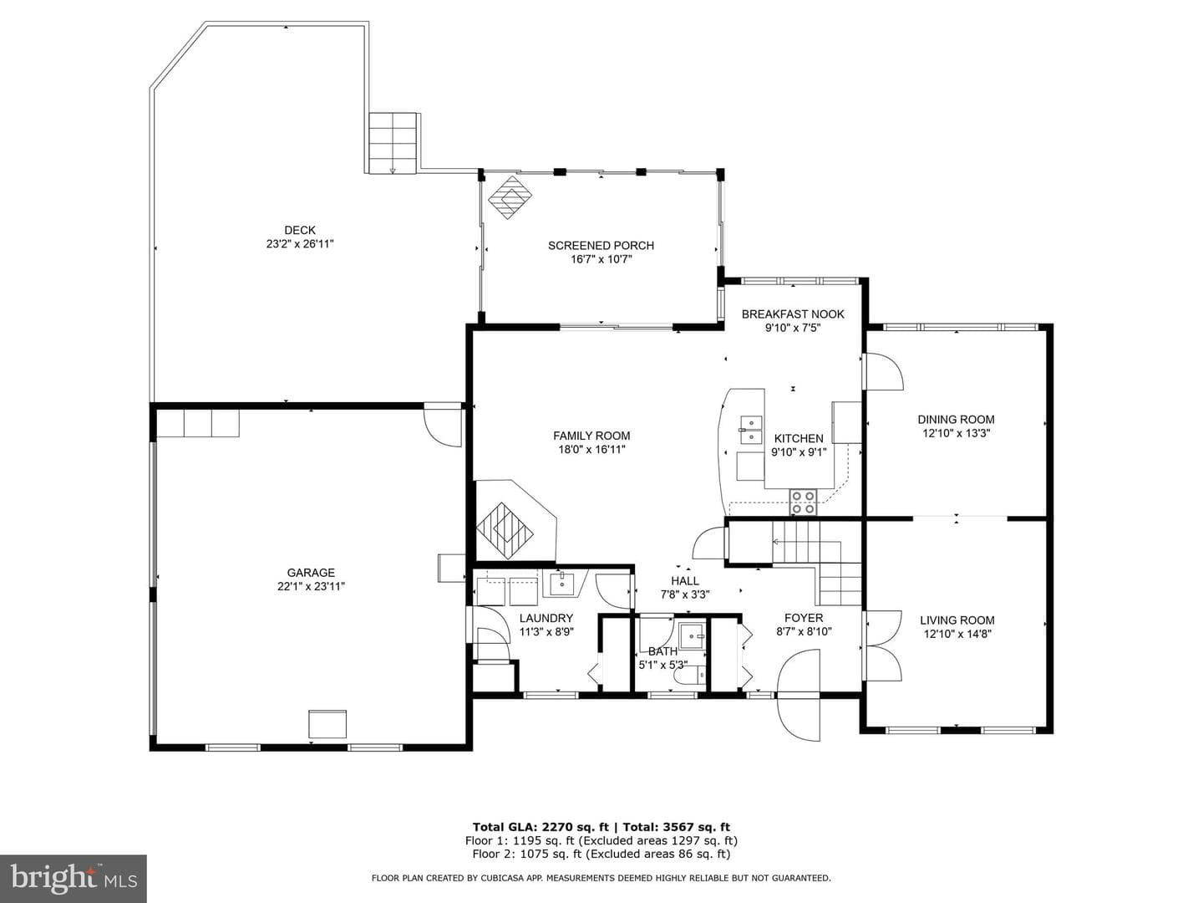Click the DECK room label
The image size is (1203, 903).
(x=300, y=230)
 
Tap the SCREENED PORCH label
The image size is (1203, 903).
(x=601, y=246)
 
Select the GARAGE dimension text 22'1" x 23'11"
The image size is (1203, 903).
(x=311, y=587)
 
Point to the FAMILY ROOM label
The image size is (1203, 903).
(x=591, y=436)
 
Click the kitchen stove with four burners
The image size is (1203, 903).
(x=803, y=503)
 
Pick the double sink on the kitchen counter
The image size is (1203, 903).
(x=751, y=430)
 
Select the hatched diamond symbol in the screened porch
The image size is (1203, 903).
(x=510, y=197)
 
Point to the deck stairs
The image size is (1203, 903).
(x=393, y=142)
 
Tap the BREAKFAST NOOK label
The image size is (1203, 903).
(x=793, y=314)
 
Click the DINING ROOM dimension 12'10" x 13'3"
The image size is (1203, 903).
(x=956, y=433)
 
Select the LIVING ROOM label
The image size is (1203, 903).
(x=957, y=620)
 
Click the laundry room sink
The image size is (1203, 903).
(x=561, y=583)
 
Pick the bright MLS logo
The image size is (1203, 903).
(x=74, y=879)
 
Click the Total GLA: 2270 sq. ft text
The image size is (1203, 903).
(x=541, y=828)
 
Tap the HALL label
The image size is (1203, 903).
(x=685, y=580)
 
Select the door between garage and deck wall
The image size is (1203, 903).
(x=443, y=426)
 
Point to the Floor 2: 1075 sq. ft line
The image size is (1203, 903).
(x=601, y=854)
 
